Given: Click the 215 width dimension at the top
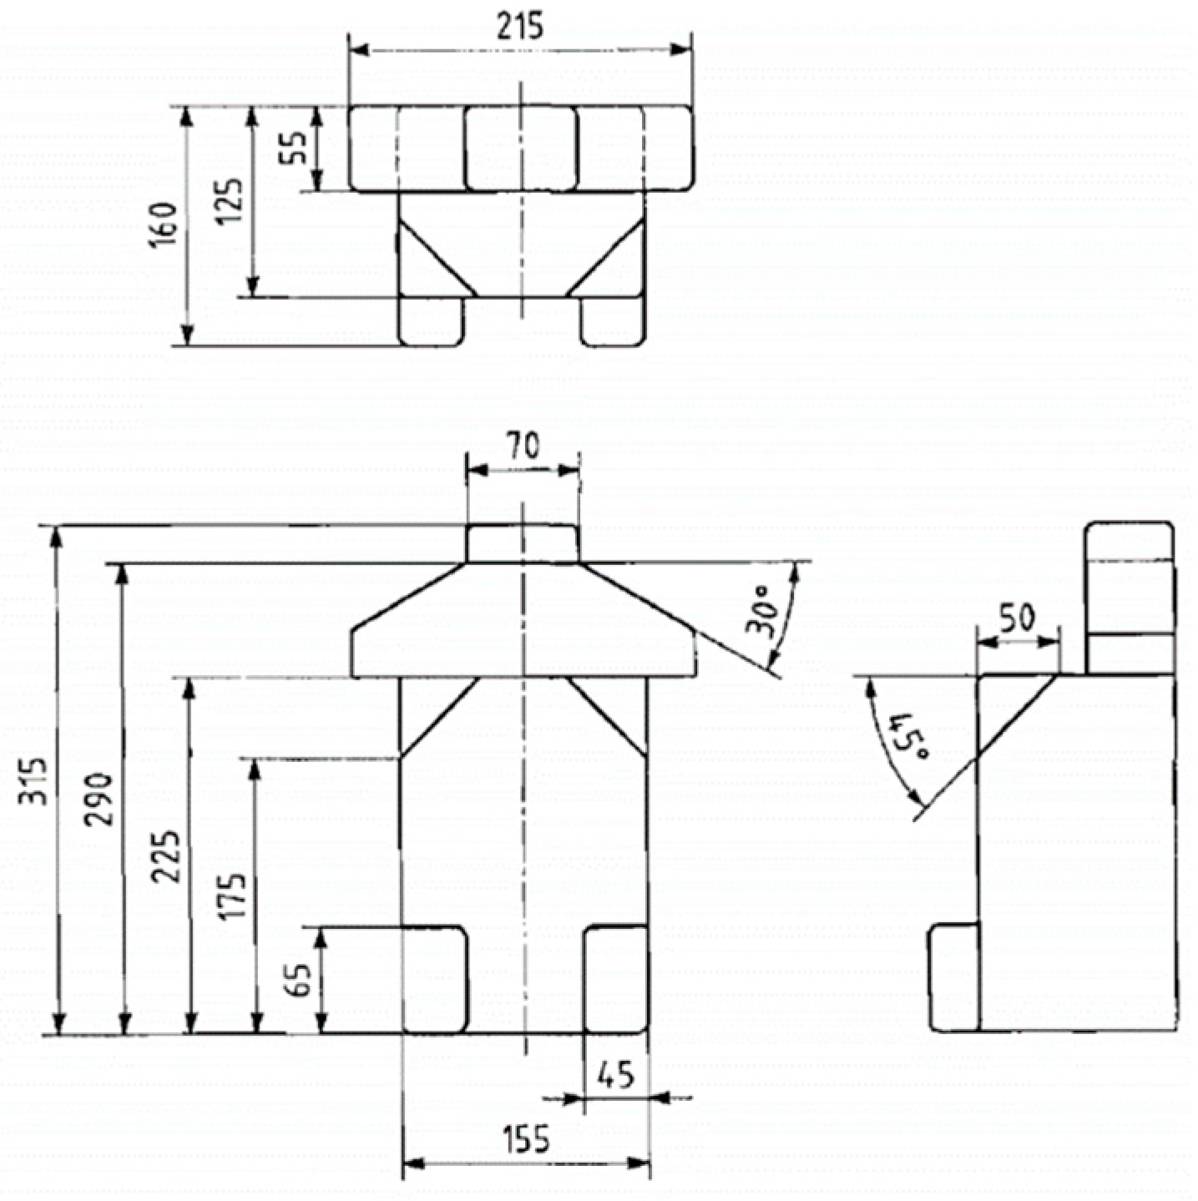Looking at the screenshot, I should coord(519,26).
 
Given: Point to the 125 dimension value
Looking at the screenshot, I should coord(233,200).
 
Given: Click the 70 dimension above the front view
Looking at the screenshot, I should coord(523,448).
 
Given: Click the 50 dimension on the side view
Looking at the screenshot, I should coord(1017,618).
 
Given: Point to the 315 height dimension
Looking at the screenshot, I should coord(33,781).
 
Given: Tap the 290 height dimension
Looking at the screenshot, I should coord(100,799).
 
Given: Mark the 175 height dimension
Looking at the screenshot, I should coord(234,896).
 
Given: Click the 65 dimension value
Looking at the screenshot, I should coord(300,979).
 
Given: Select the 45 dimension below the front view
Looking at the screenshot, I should coord(616,1076).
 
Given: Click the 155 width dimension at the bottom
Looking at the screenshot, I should coord(526,1139).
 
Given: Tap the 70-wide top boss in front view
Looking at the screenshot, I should coord(523,543).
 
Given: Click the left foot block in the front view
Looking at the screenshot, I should coord(434,979).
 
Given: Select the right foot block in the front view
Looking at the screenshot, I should coord(615,979).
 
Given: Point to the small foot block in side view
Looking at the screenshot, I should coord(953,977).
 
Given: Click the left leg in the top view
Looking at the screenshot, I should coord(432,320).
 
